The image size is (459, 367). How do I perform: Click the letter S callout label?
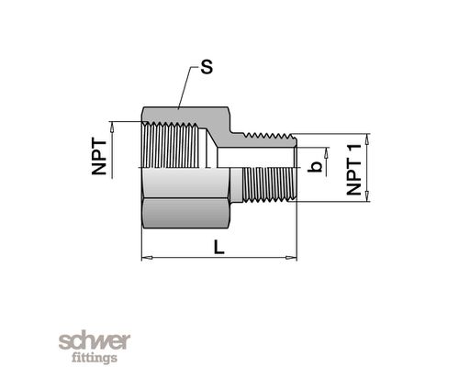coord(207,67)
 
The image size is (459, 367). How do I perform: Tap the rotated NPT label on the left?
coord(99,157)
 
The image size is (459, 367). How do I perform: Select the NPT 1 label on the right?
coord(354,170)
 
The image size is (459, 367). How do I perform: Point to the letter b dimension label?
coord(315,167)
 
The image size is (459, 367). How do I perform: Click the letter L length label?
coord(218,247)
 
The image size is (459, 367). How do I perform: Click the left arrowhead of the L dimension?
coord(147,258)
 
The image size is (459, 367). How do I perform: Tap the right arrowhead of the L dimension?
coord(291,258)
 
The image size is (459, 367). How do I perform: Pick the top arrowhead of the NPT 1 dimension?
coord(367,139)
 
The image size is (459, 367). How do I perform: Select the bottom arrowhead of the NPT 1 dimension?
coord(367,196)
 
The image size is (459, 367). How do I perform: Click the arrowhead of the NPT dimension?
coord(112,127)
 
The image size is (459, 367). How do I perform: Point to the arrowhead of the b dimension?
coord(326,152)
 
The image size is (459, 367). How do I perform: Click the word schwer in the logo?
coord(95,341)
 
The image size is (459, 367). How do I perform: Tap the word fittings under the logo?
coord(95,358)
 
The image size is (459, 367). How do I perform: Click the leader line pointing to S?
coord(186,87)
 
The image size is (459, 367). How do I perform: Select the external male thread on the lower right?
coord(269,184)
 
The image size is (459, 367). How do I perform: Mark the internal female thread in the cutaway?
coord(173,145)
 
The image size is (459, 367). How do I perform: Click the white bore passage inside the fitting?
coord(255,157)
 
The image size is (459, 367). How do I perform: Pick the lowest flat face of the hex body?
coord(185,214)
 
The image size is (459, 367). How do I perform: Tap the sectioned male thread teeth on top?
coord(269,136)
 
